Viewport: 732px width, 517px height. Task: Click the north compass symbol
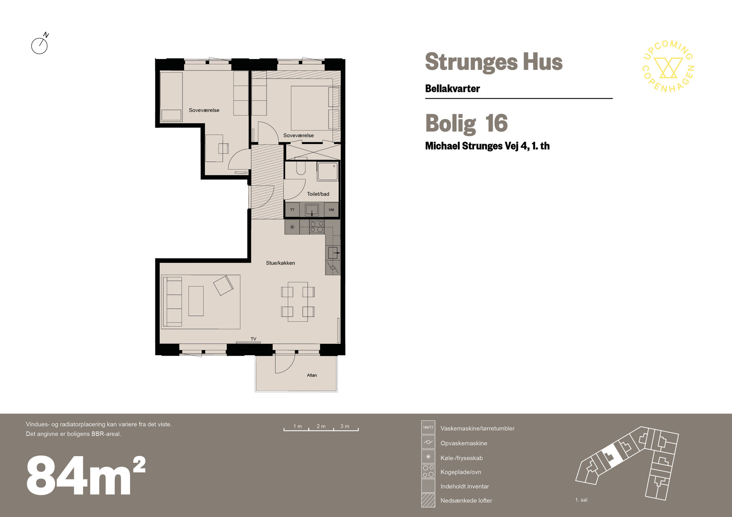[x=40, y=44]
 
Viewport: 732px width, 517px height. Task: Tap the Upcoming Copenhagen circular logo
[x=668, y=66]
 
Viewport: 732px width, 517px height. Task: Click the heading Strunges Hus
[x=494, y=62]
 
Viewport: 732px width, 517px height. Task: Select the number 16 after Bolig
[x=496, y=123]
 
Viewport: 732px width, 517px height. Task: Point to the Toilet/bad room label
[x=318, y=194]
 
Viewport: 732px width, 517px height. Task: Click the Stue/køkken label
[x=280, y=263]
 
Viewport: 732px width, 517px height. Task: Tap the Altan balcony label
[x=312, y=375]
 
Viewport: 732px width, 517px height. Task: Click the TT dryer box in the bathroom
[x=292, y=210]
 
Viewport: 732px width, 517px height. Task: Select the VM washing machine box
[x=331, y=210]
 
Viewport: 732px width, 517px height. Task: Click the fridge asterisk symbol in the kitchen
[x=292, y=227]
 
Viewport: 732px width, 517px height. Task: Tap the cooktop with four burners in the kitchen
[x=317, y=227]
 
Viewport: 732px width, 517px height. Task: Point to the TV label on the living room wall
[x=253, y=339]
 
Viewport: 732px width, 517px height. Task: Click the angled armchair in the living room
[x=223, y=285]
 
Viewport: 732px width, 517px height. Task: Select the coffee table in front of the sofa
[x=196, y=301]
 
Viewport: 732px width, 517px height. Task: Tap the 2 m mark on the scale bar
[x=321, y=426]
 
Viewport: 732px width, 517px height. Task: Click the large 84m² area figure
[x=86, y=475]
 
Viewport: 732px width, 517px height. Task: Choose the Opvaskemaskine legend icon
[x=428, y=442]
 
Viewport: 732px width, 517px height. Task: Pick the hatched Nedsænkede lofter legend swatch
[x=428, y=500]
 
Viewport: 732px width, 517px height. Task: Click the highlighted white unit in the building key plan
[x=611, y=456]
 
